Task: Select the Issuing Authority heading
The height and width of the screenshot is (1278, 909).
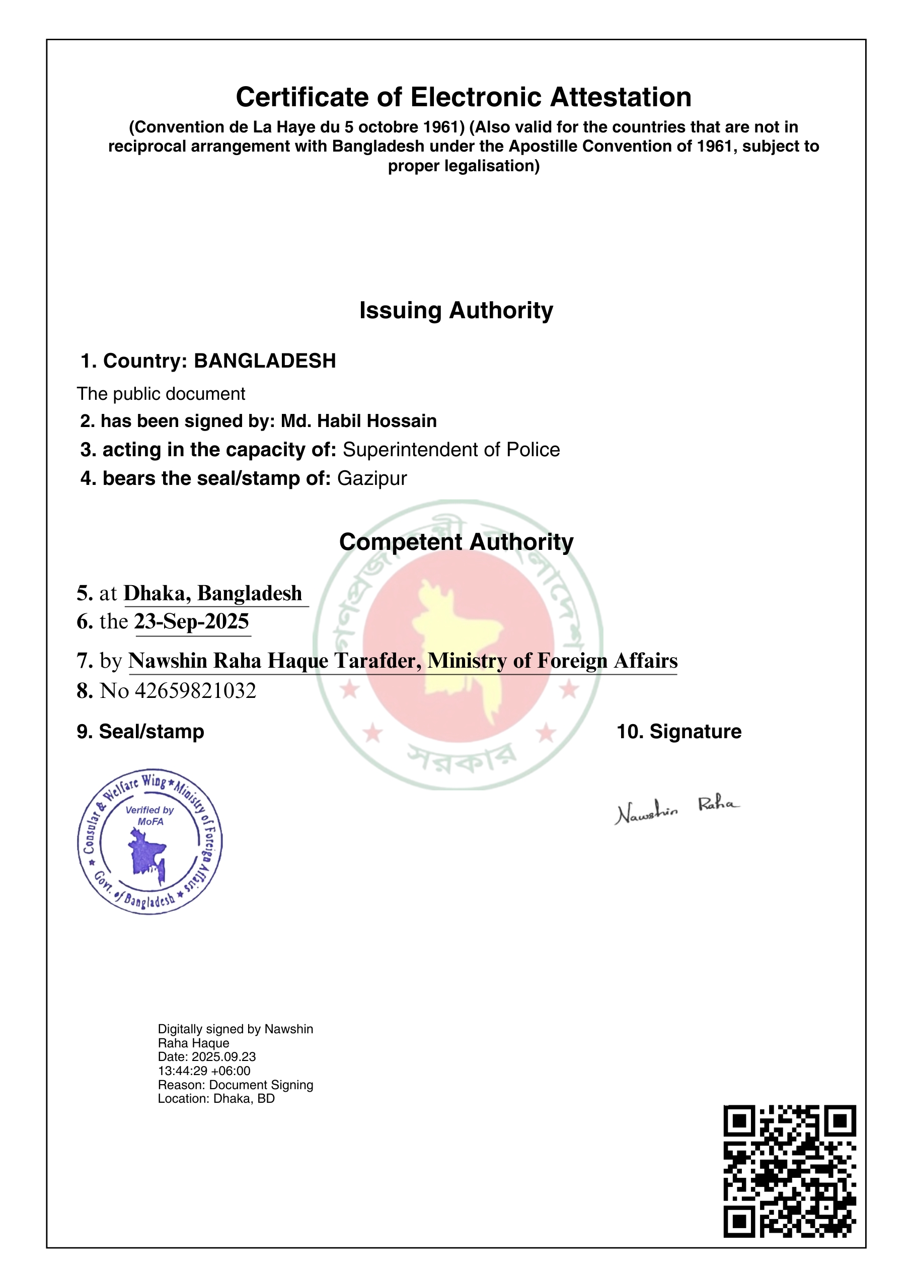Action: click(x=456, y=310)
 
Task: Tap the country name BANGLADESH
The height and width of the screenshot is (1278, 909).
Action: click(x=265, y=361)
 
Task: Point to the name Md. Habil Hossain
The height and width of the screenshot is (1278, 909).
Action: click(x=358, y=420)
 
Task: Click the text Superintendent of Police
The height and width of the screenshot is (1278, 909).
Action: click(x=450, y=450)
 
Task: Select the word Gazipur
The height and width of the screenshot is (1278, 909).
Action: click(x=371, y=478)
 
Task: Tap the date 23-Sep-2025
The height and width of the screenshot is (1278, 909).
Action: click(x=191, y=622)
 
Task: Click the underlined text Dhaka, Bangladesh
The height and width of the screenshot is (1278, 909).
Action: click(x=213, y=593)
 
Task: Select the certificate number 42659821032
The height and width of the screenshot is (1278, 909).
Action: click(x=195, y=691)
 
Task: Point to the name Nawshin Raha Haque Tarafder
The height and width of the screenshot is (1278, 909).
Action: click(x=274, y=661)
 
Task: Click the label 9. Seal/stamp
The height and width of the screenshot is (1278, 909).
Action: click(x=140, y=732)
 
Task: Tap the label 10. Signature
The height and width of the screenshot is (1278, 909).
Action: click(x=678, y=732)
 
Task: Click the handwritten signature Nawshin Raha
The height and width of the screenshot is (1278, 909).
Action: click(x=676, y=810)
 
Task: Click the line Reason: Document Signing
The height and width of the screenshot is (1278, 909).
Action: click(x=235, y=1085)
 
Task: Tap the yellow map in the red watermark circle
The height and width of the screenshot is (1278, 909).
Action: click(x=456, y=644)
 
